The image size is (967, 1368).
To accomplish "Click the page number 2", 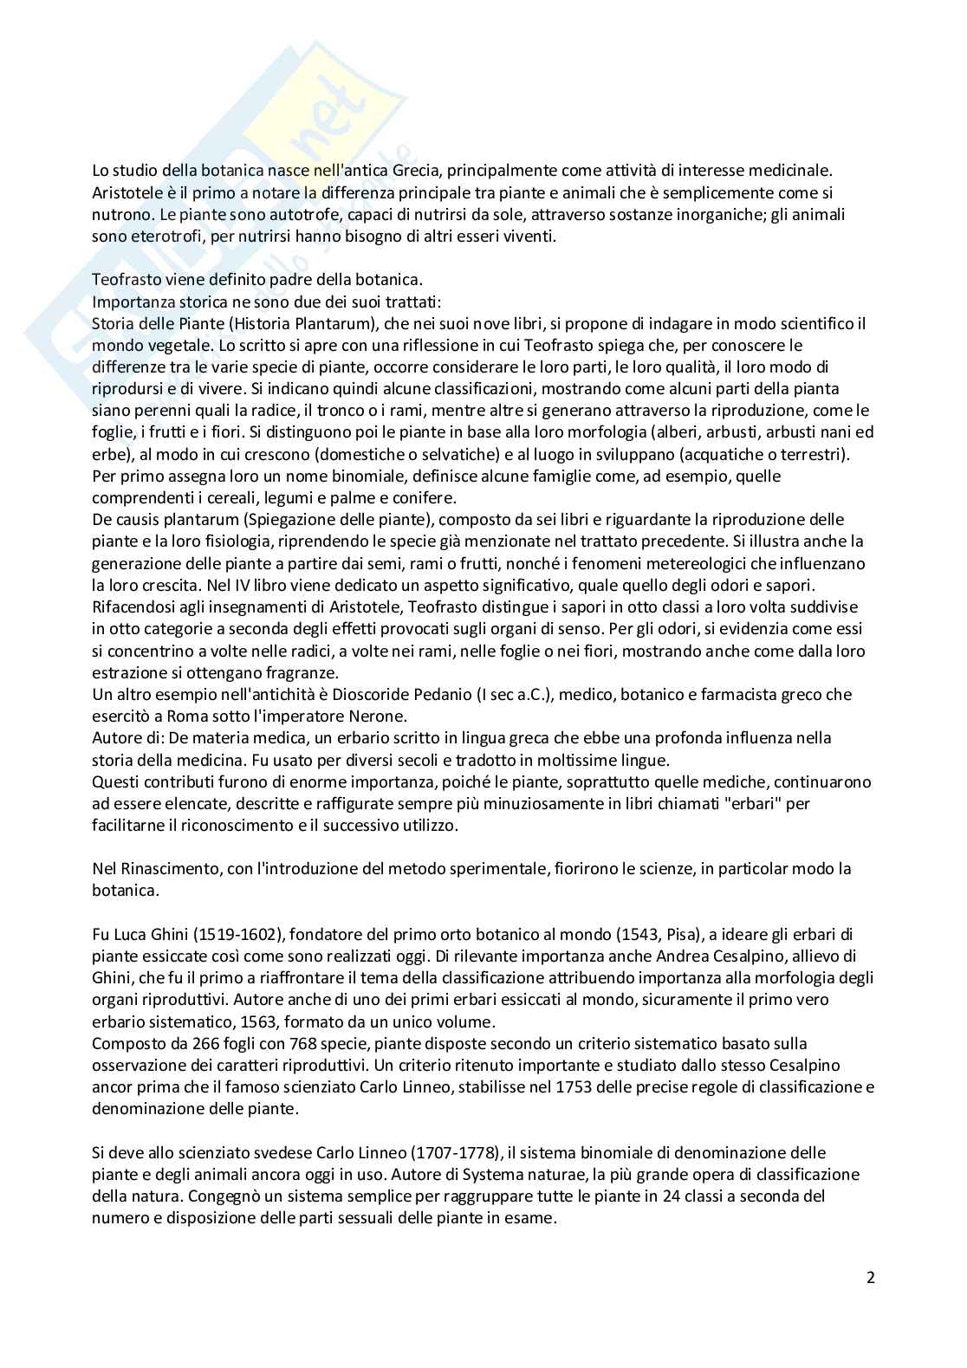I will coord(870,1278).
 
